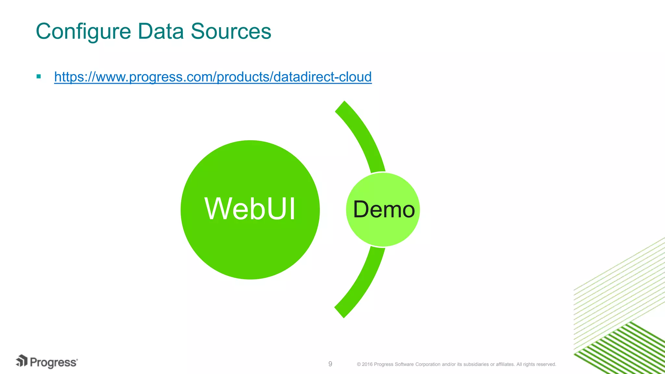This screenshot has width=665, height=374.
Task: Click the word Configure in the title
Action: click(83, 32)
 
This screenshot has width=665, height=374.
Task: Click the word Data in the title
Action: click(160, 32)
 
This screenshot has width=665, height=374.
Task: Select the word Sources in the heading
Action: click(231, 32)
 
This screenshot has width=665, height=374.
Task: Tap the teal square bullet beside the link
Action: click(39, 77)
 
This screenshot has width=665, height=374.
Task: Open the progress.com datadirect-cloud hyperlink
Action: click(213, 77)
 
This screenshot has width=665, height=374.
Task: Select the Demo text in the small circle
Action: click(383, 209)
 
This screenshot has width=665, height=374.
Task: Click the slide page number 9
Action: click(330, 364)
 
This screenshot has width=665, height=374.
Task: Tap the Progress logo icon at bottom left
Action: click(22, 361)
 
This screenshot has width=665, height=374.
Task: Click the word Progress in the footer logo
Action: click(54, 362)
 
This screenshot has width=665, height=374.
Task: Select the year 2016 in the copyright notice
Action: click(367, 364)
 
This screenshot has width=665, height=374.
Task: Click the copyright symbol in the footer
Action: click(359, 364)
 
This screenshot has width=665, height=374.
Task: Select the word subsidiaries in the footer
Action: click(476, 364)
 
